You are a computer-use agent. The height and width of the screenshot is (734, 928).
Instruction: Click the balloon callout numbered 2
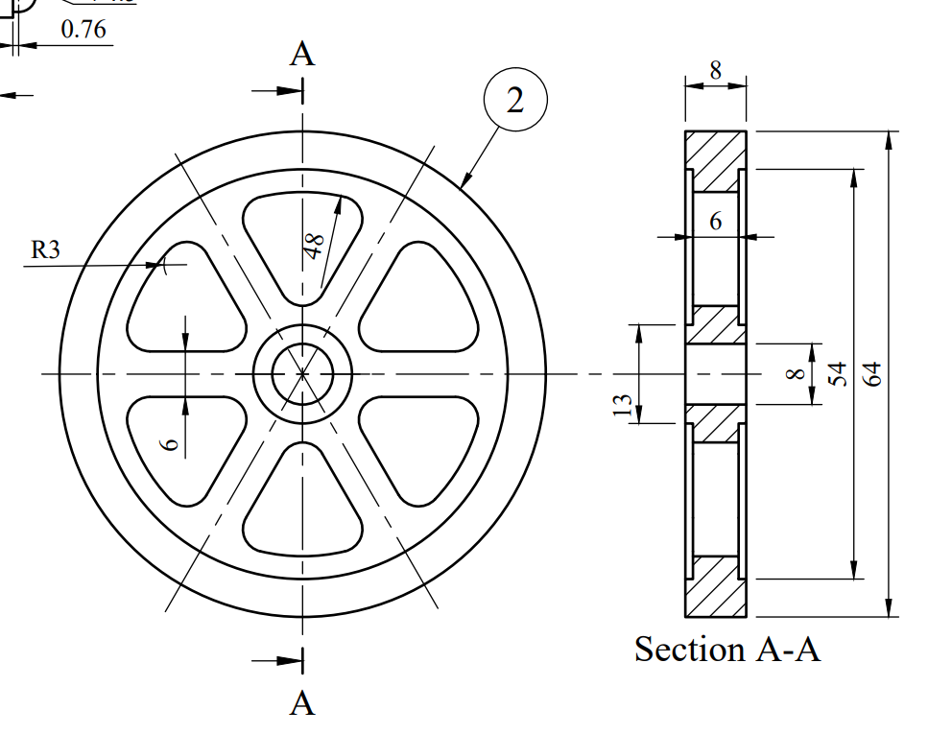pos(515,99)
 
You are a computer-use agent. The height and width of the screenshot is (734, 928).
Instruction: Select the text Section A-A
pos(727,650)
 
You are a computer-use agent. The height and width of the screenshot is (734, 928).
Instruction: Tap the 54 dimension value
pos(838,373)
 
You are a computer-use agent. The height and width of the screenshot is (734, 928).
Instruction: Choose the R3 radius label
pos(46,250)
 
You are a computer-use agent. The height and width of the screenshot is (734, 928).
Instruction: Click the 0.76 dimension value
pos(83,30)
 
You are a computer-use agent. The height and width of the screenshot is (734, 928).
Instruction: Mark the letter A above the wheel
pos(302,55)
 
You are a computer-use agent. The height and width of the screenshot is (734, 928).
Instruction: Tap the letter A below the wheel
pos(302,703)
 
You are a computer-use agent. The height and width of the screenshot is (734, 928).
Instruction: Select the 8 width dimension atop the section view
pos(715,70)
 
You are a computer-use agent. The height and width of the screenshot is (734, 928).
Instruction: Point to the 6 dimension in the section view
pos(715,222)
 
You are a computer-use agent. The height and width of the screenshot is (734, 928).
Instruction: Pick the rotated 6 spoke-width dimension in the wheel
pos(170,442)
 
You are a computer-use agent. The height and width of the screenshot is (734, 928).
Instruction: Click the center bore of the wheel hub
pos(302,372)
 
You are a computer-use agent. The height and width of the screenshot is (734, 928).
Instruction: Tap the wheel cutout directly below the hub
pos(302,504)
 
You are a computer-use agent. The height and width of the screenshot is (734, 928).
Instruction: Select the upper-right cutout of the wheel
pos(417,297)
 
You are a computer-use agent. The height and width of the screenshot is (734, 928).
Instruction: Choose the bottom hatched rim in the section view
pos(715,586)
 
